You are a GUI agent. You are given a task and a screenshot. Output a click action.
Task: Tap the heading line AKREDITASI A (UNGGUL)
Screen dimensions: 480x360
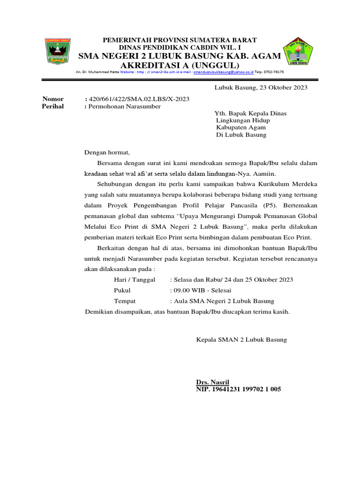[180, 65]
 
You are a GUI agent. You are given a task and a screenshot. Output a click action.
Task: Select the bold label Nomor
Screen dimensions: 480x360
[53, 99]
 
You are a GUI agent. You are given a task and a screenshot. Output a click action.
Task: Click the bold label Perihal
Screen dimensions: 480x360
[53, 106]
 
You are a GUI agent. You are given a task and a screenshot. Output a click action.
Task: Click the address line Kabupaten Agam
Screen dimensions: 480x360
[241, 127]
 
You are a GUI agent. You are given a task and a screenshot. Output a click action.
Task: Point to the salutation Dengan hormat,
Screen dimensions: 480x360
[106, 152]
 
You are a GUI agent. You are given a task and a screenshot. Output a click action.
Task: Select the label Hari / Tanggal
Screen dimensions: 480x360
[135, 279]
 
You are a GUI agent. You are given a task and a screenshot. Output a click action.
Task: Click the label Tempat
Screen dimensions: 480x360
[124, 301]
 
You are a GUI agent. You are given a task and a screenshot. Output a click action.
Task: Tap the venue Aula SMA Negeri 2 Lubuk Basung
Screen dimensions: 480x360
[224, 301]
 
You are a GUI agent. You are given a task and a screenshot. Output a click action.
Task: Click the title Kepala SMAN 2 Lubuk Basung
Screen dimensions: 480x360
[241, 339]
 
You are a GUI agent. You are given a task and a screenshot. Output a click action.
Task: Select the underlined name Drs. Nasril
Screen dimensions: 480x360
[213, 382]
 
